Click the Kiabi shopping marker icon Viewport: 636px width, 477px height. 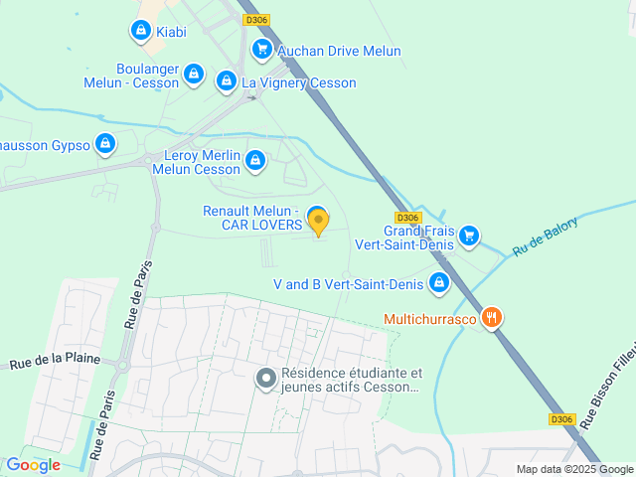(140, 31)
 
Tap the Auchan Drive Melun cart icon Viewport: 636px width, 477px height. (261, 49)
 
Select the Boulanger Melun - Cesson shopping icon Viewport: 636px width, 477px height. (194, 74)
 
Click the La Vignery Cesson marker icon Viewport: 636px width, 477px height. (227, 80)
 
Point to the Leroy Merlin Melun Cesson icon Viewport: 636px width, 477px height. (255, 159)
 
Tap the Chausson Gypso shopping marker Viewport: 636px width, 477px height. (105, 144)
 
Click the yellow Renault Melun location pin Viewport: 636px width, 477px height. (317, 221)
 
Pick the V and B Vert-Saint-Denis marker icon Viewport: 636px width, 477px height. (439, 283)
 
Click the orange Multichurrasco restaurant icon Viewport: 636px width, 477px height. (491, 318)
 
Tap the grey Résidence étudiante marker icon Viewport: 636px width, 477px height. (265, 379)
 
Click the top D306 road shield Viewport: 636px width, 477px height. (257, 20)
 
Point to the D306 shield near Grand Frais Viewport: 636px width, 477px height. (407, 218)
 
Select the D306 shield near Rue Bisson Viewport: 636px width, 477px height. (561, 419)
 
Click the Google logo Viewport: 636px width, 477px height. (33, 464)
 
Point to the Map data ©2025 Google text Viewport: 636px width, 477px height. (573, 469)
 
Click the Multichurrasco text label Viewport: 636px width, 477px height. (432, 319)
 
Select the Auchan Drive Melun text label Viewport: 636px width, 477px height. (340, 51)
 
